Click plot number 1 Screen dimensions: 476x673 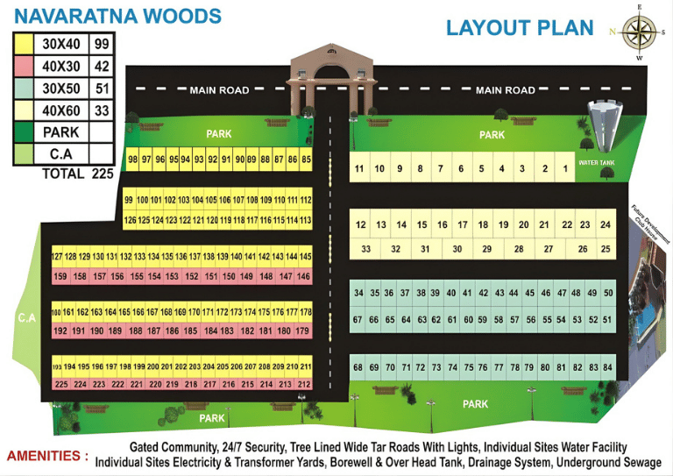coord(565,168)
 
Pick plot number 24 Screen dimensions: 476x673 coord(606,225)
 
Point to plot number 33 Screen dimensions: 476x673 coord(365,249)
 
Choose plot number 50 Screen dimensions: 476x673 coord(608,293)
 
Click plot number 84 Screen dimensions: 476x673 coord(607,367)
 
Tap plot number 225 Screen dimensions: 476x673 coord(60,384)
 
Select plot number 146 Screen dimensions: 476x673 coord(303,277)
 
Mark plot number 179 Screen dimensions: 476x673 coord(302,331)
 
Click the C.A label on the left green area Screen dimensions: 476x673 coord(26,318)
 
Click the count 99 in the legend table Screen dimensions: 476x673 coord(102,44)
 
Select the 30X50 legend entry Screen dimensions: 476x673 coord(61,89)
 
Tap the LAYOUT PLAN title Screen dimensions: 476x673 coord(520,27)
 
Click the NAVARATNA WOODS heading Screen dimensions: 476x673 coord(117,16)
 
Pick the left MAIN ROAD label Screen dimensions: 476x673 coord(219,89)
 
